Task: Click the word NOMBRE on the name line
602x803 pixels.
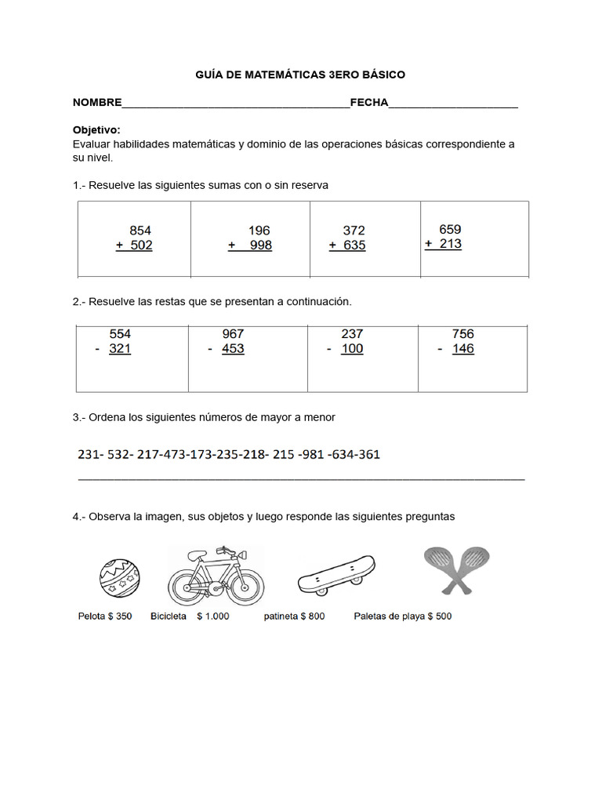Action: (x=97, y=103)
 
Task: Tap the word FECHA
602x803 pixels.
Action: (x=369, y=103)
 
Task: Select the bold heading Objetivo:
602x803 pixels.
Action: (x=96, y=129)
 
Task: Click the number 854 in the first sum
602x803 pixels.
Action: (x=140, y=231)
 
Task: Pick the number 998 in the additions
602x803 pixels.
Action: (x=259, y=245)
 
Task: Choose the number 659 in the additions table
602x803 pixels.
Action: (x=450, y=229)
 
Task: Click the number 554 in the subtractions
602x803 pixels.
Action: (x=120, y=334)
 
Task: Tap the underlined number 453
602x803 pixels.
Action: (x=233, y=349)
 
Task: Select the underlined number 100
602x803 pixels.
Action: (x=352, y=349)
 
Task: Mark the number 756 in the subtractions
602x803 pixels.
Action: (x=462, y=334)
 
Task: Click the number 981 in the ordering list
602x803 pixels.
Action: (x=311, y=455)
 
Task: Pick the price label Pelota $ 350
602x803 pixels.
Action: (x=105, y=616)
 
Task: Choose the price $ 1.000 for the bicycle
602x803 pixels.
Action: (x=213, y=616)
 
